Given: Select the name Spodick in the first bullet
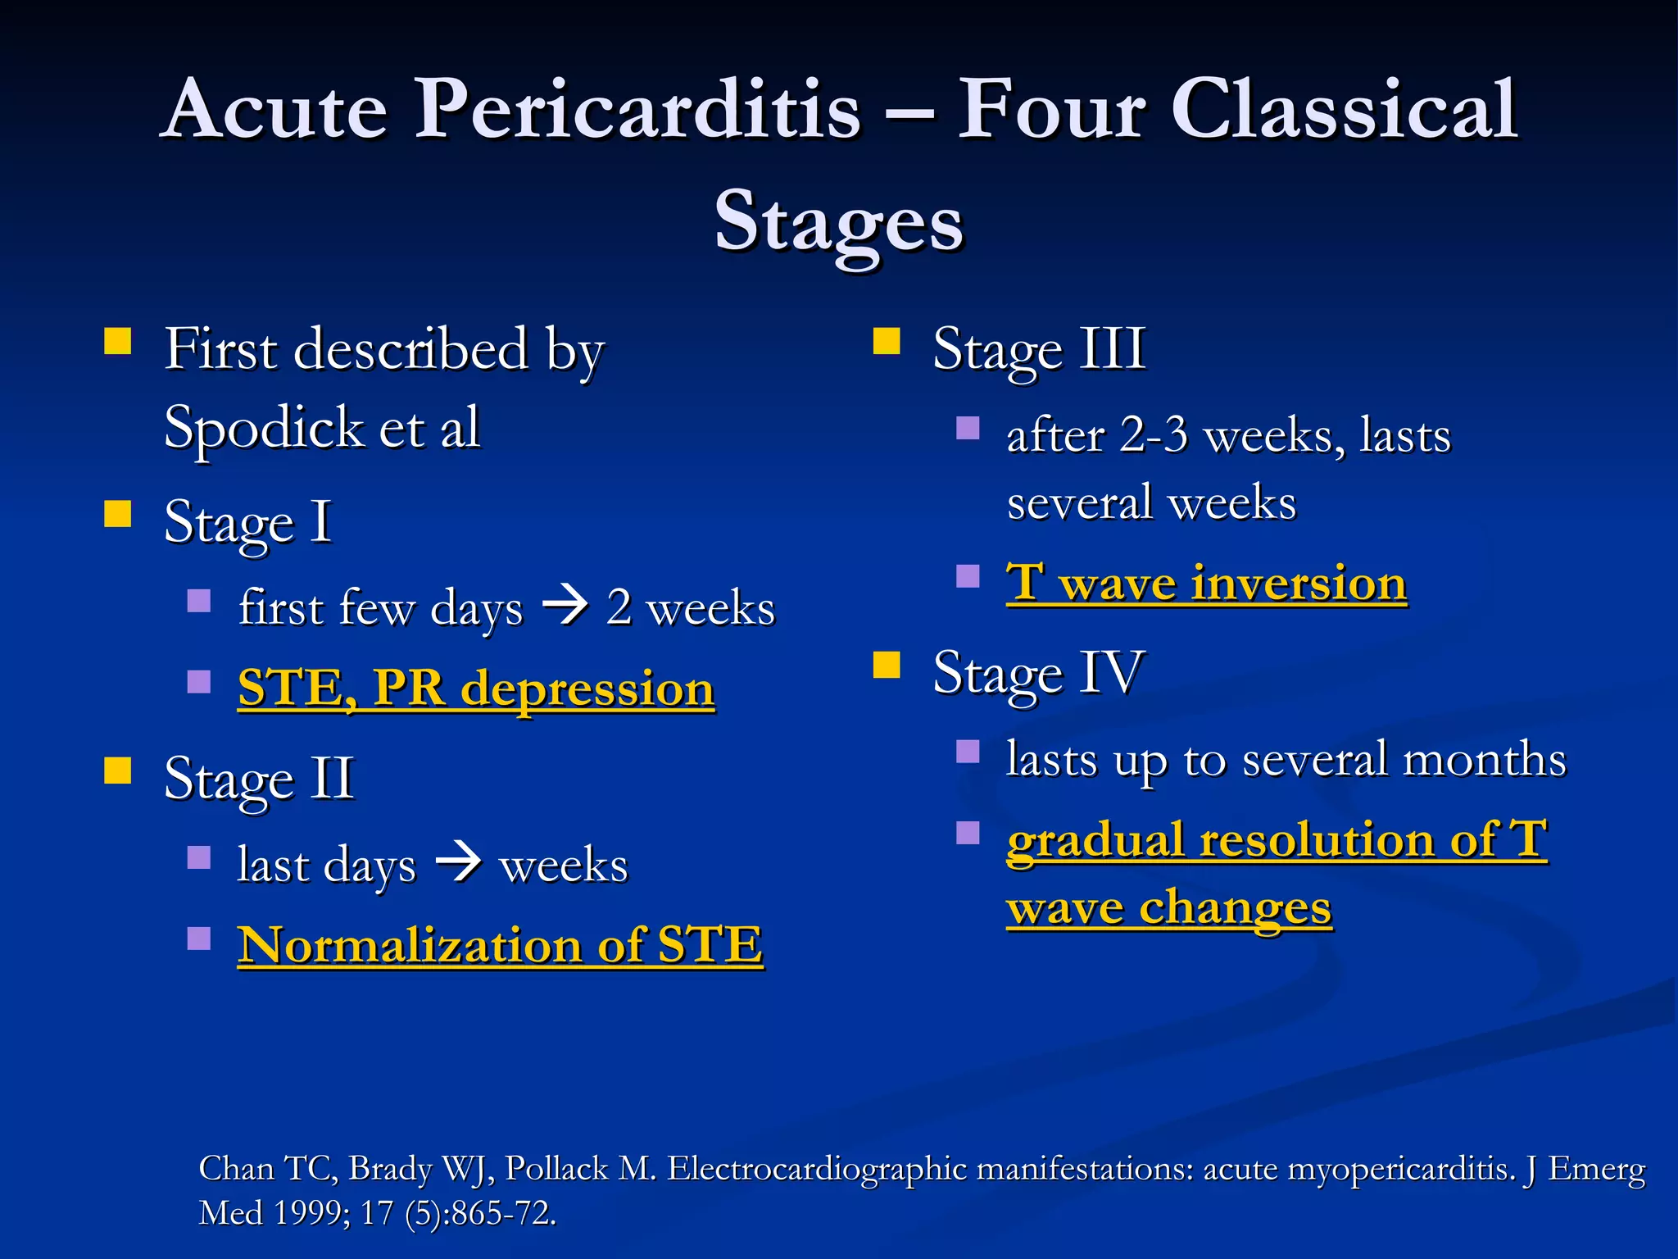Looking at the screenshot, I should point(264,428).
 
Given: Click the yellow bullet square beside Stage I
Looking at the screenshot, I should point(118,514).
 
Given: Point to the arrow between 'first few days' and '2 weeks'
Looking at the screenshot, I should point(565,607).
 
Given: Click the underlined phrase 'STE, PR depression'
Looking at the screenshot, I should point(476,688).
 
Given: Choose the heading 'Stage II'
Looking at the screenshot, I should point(259,778).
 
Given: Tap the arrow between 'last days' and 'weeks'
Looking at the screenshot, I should point(458,864).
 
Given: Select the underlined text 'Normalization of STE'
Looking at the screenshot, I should point(500,945).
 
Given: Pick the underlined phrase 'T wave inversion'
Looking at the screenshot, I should point(1206,584).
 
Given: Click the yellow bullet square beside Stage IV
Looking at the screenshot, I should point(887,666).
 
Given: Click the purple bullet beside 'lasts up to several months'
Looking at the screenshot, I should point(968,752).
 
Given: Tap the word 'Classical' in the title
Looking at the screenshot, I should point(1344,109).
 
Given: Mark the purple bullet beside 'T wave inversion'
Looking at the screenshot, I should point(968,576).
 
